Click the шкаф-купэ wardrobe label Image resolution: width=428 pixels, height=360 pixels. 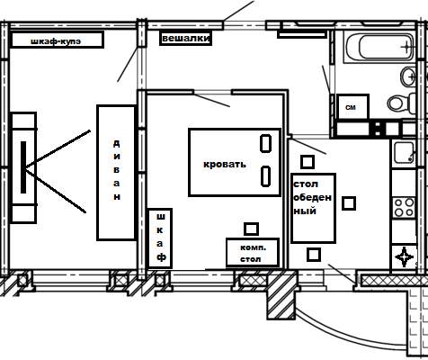coord(57,40)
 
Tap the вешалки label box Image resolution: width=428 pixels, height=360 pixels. coord(185,39)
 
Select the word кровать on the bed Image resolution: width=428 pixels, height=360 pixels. coord(225,164)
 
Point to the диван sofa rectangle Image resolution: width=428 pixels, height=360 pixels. coord(116,173)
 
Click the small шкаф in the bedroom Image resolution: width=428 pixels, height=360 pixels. coord(160,238)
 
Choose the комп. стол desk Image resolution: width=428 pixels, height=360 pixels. coord(253,252)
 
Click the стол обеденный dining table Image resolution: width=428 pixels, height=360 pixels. coord(313,208)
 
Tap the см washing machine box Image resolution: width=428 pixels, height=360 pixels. coord(352,107)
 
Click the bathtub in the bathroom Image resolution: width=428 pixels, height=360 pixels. coord(380,47)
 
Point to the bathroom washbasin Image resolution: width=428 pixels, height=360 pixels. coord(408,76)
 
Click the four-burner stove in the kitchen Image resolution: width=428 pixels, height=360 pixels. coord(404,207)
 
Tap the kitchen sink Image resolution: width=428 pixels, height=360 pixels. coord(404,152)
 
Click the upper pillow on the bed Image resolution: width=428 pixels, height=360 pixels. coord(265,143)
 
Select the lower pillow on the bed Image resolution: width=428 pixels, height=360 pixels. coord(265,175)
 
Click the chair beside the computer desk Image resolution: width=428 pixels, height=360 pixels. coord(251,229)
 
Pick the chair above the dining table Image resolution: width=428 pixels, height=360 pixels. coord(308,162)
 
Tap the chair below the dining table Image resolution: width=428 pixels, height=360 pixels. coord(314,255)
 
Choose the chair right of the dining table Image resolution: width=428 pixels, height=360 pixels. coord(349,203)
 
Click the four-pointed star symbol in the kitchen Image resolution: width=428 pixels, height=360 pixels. coord(405,256)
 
